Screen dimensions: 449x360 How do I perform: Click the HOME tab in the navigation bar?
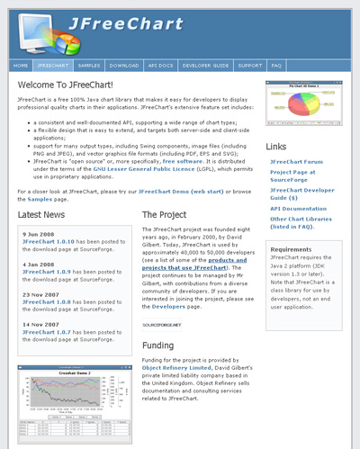pyautogui.click(x=22, y=66)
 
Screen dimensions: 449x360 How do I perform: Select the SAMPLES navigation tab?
pyautogui.click(x=89, y=66)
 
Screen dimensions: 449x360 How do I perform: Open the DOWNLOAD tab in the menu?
pyautogui.click(x=123, y=66)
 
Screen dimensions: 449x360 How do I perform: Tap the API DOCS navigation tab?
pyautogui.click(x=159, y=66)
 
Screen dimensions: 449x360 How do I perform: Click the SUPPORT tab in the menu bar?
pyautogui.click(x=250, y=66)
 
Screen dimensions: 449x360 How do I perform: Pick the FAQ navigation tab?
pyautogui.click(x=276, y=66)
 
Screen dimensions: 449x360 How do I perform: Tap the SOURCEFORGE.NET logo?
pyautogui.click(x=161, y=324)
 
